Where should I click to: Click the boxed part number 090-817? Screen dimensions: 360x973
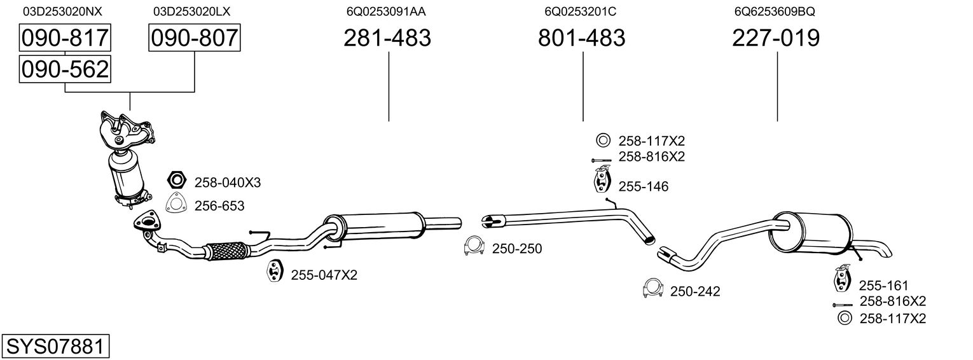[x=65, y=38]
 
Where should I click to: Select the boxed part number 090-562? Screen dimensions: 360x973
[x=65, y=69]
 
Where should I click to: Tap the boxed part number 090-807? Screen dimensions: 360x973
[x=195, y=38]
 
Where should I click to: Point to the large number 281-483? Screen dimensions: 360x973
[x=387, y=38]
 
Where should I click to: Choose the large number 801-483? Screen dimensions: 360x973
[x=581, y=38]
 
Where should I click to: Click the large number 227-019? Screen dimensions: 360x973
[x=776, y=38]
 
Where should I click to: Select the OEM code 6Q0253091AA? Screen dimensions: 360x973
[x=386, y=11]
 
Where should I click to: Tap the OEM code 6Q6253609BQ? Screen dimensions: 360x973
[x=774, y=11]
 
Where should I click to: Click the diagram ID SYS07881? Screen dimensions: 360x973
[x=54, y=347]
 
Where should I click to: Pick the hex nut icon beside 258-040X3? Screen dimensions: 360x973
[x=176, y=181]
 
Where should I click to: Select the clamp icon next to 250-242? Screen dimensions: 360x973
[x=652, y=289]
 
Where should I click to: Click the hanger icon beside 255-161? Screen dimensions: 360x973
[x=842, y=280]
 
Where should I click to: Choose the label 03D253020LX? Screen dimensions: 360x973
[x=191, y=11]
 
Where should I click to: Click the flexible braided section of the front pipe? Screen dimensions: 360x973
[x=225, y=251]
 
